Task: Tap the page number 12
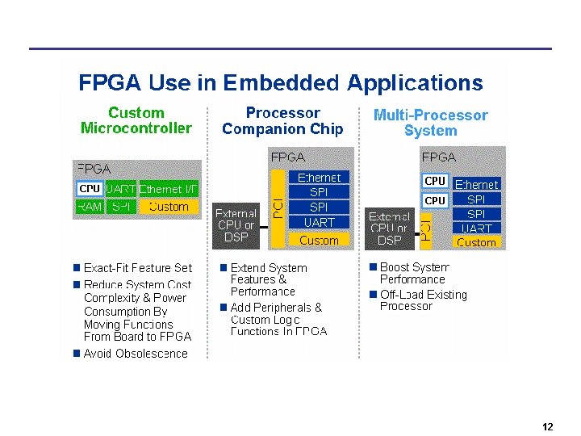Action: pos(548,427)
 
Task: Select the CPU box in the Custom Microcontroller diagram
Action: pos(89,189)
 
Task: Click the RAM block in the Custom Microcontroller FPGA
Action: pos(89,207)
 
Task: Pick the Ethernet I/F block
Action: pos(168,189)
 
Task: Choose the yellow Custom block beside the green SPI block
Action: pos(169,207)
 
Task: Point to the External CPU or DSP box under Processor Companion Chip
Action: pos(236,225)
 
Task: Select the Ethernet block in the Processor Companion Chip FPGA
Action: pos(320,177)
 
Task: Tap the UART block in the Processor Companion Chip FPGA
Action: pos(320,222)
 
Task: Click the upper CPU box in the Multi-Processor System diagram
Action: pos(435,181)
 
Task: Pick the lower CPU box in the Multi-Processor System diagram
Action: pos(435,200)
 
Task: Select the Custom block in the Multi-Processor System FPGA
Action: pos(476,242)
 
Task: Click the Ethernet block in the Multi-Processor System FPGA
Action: pos(477,184)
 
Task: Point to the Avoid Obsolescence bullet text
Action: pos(136,354)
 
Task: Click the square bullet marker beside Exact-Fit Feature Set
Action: pos(76,268)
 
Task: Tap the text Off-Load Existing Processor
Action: pos(423,300)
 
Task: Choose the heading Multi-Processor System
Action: pos(430,123)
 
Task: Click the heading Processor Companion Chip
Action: pos(282,121)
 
